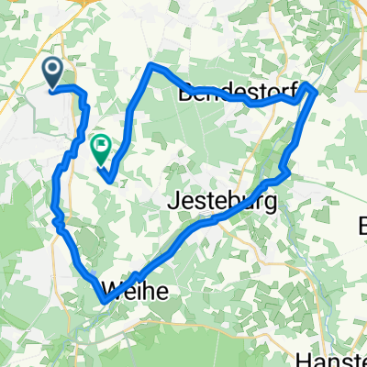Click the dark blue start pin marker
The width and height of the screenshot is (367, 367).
pyautogui.click(x=52, y=71)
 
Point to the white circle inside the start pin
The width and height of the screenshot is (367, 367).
pyautogui.click(x=52, y=66)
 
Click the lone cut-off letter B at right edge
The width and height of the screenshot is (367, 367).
pyautogui.click(x=362, y=224)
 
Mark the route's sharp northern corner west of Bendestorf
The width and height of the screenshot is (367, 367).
pyautogui.click(x=150, y=67)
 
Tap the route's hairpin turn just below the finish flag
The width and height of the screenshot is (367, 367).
pyautogui.click(x=111, y=179)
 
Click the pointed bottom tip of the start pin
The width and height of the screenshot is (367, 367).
pyautogui.click(x=52, y=86)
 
